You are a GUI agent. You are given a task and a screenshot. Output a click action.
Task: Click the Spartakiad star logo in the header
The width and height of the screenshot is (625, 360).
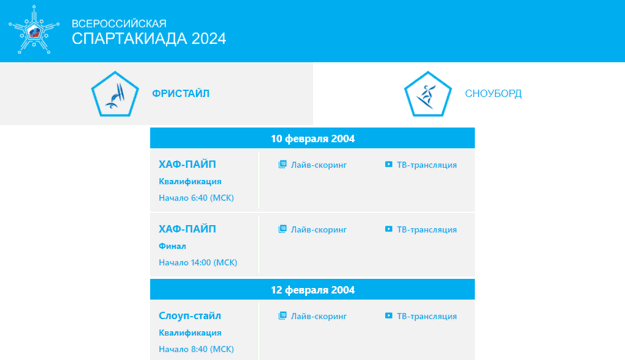34,30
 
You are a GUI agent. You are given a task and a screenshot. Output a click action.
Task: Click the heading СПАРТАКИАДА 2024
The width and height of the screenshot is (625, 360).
149,38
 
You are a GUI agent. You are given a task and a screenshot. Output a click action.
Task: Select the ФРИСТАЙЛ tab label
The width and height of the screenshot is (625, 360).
181,93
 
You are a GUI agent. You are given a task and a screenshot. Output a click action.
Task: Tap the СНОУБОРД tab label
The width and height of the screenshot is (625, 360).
493,93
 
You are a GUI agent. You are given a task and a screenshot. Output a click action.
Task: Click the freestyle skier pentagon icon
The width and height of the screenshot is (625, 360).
115,94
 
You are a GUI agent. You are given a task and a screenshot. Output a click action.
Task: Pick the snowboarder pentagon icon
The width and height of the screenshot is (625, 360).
428,94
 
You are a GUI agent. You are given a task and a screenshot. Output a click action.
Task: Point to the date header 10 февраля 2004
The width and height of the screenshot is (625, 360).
312,139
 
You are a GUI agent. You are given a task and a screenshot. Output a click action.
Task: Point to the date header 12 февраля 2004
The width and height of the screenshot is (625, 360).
312,290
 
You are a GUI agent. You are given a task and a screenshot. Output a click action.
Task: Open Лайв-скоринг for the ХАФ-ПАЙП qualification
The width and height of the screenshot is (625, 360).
312,165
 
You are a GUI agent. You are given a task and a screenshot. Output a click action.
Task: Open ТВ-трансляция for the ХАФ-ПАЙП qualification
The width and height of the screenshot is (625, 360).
421,165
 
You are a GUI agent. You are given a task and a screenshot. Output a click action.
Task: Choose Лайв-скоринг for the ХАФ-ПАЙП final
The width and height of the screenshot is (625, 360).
312,229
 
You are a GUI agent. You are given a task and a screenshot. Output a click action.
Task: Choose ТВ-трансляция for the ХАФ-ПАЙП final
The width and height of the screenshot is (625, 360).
421,229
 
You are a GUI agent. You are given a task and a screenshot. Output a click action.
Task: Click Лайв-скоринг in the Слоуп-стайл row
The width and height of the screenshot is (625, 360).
312,315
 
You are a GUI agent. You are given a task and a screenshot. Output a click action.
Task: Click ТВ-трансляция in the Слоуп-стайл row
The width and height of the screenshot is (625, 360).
421,315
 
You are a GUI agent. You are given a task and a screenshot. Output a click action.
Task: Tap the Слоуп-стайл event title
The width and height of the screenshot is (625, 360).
190,315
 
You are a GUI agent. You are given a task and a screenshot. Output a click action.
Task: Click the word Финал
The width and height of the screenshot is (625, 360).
172,246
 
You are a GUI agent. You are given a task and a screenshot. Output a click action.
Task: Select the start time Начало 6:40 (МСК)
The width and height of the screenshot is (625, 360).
196,198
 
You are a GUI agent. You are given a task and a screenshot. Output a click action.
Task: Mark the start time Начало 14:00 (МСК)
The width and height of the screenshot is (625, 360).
198,262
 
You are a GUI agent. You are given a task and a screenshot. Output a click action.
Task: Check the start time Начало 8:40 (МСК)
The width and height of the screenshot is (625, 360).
196,349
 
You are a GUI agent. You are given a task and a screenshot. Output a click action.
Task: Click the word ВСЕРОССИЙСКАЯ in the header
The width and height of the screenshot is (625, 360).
119,24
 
